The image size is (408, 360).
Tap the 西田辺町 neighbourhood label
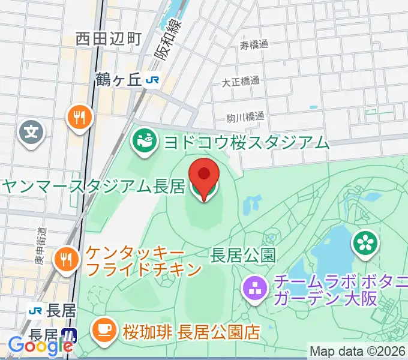tap(109, 40)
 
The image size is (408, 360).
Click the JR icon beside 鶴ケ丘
tap(154, 79)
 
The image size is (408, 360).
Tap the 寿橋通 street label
tap(253, 45)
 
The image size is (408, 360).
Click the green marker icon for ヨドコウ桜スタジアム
tap(144, 142)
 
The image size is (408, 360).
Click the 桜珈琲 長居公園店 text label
tap(191, 331)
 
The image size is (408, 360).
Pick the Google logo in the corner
tap(40, 346)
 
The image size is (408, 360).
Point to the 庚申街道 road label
tap(40, 245)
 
